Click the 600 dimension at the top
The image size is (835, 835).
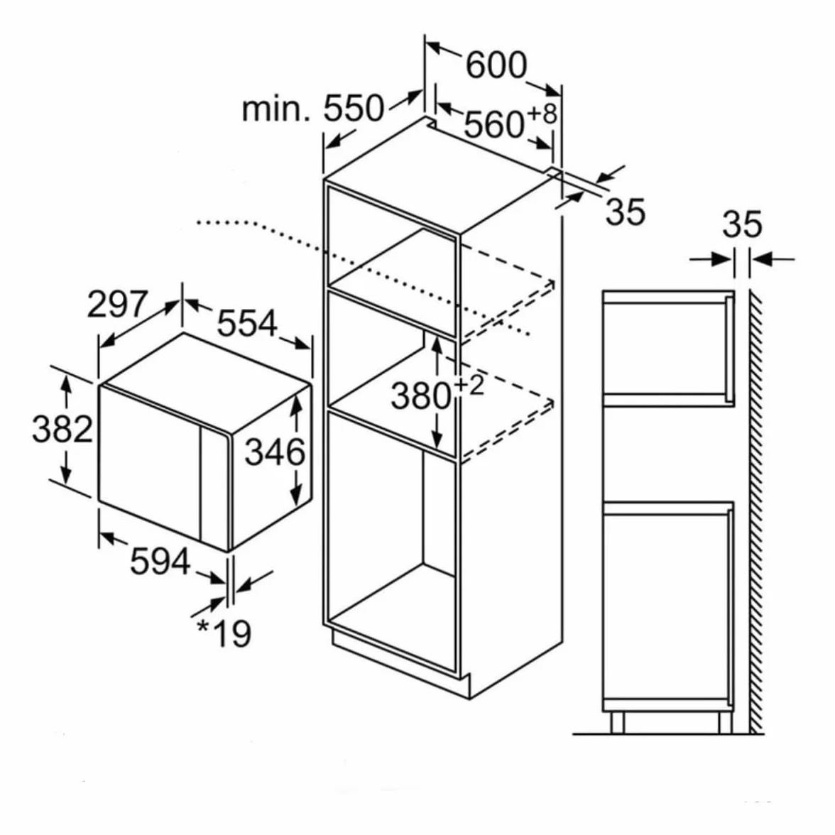(496, 65)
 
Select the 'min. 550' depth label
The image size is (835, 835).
(312, 108)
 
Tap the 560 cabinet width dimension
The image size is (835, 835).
(493, 125)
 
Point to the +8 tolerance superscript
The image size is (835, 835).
(542, 114)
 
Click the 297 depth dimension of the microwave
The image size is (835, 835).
(116, 304)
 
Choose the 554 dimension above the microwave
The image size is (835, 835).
(247, 322)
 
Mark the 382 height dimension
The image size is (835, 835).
(62, 429)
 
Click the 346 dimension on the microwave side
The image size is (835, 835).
(275, 452)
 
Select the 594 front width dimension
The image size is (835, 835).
(160, 561)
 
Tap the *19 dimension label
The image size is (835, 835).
(224, 633)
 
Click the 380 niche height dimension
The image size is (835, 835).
(421, 396)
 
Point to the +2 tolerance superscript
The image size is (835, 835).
(469, 385)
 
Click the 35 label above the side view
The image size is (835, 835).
(743, 224)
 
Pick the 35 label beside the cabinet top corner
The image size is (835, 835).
(626, 212)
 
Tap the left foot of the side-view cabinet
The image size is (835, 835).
(616, 723)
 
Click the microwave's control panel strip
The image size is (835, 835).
(214, 489)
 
